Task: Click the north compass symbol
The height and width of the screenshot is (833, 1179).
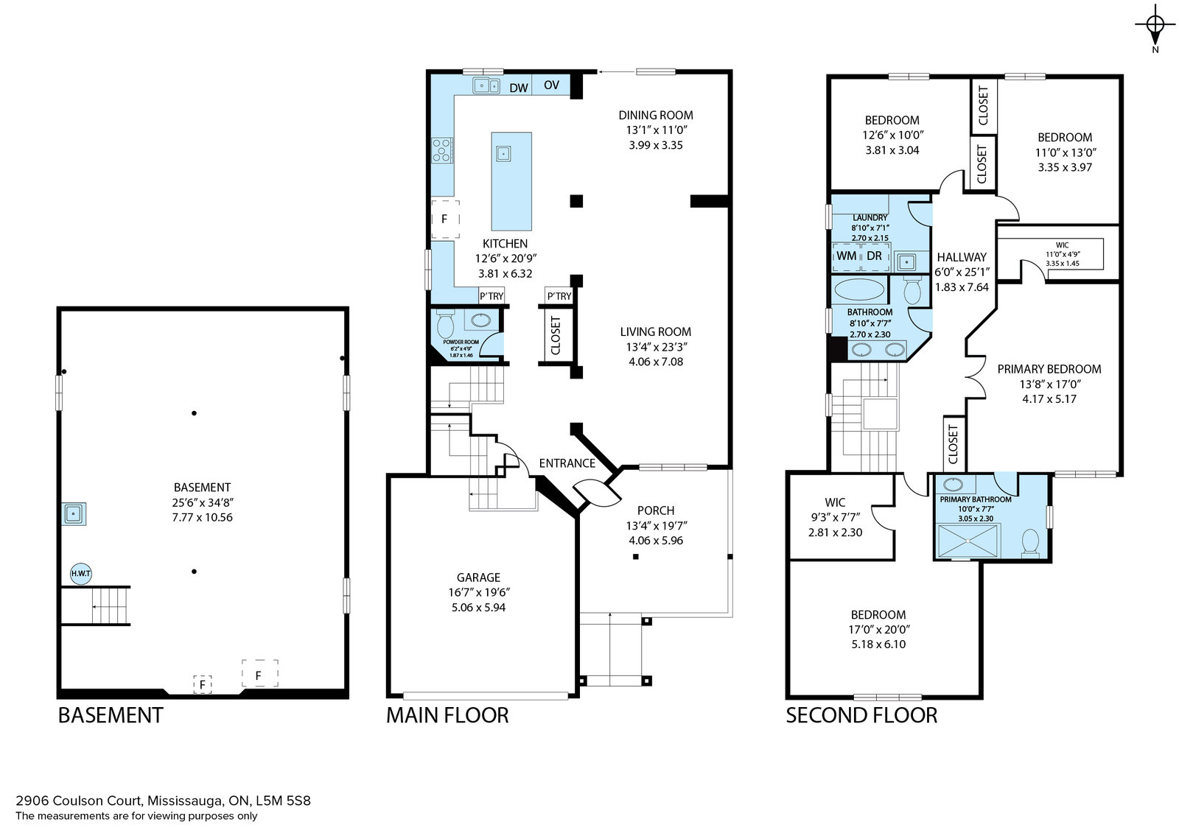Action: coord(1155,27)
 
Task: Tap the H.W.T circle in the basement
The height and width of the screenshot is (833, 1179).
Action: coord(81,573)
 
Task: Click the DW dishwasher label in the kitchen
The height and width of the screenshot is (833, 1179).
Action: coord(519,88)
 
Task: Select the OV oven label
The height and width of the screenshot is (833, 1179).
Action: coord(551,85)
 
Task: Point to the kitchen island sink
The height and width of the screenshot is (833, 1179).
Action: coord(503,154)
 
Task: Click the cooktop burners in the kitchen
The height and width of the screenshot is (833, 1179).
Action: coord(442,150)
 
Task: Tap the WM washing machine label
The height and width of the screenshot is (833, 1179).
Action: coord(847,256)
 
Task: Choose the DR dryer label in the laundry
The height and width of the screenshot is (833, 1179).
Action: coord(874,256)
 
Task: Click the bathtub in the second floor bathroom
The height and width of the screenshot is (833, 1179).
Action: coord(859,290)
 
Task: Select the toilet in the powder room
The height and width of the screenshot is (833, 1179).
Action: coord(445,323)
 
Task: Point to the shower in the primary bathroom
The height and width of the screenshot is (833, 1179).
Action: coord(968,540)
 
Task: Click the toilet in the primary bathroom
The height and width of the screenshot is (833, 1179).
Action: coord(1029,542)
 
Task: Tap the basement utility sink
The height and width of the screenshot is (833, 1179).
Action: coord(73,513)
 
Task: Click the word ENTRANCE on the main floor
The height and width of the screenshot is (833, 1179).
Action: coord(567,463)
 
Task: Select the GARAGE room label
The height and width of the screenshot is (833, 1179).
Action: coord(478,577)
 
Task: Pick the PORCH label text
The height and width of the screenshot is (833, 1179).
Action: coord(655,510)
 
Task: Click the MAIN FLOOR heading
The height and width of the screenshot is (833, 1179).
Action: coord(447,715)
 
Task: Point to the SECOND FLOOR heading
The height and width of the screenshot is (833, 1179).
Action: coord(861,715)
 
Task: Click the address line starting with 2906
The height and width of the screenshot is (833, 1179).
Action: coord(163,801)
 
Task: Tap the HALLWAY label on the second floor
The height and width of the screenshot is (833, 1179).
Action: coord(962,257)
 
